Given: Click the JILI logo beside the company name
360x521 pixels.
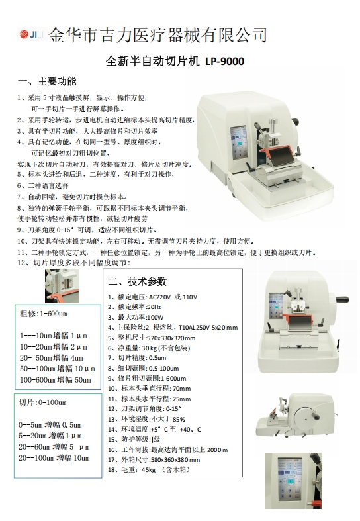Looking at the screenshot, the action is click(32, 34).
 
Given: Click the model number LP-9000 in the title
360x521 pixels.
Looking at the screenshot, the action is click(224, 61).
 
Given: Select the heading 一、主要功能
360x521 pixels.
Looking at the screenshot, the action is click(47, 81).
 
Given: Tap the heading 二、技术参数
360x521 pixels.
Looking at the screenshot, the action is click(137, 281).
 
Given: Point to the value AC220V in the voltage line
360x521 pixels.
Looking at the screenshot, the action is click(159, 297).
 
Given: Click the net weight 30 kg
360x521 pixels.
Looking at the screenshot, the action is click(149, 348).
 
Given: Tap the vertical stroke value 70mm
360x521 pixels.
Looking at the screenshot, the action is click(182, 389).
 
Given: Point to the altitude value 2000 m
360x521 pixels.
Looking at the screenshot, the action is click(218, 450).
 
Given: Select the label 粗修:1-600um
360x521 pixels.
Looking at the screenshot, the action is click(44, 314).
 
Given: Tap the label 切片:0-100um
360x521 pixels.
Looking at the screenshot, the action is click(42, 403).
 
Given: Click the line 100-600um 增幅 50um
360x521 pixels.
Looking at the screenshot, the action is click(56, 380).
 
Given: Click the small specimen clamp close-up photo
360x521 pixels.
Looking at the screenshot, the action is click(62, 286).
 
